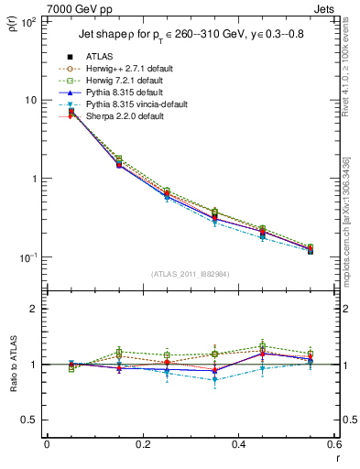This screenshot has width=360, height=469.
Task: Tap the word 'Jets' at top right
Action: point(326,8)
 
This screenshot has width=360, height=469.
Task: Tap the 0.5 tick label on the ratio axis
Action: point(30,420)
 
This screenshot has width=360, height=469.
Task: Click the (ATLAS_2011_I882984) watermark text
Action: point(190,273)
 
